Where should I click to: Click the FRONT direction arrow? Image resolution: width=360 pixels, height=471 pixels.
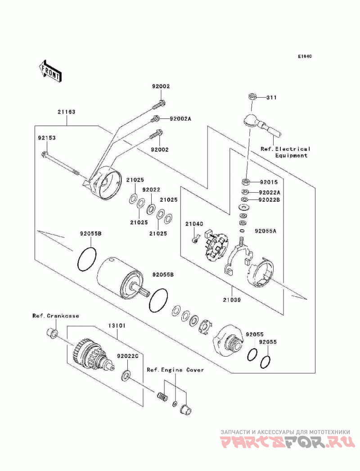[x=50, y=71]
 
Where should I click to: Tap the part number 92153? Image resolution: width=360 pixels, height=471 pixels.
[x=46, y=138]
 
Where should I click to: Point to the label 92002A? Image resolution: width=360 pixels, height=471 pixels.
[x=180, y=119]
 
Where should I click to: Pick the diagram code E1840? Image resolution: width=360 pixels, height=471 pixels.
[x=305, y=57]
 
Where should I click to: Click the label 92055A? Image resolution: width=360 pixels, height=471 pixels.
[x=265, y=231]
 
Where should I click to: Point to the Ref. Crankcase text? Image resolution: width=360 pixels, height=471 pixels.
[x=55, y=316]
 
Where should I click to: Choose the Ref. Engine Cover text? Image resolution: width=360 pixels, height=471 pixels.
[x=175, y=370]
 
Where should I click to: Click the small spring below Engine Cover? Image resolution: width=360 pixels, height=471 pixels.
[x=162, y=398]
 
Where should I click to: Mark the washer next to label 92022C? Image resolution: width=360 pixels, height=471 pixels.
[x=126, y=374]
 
